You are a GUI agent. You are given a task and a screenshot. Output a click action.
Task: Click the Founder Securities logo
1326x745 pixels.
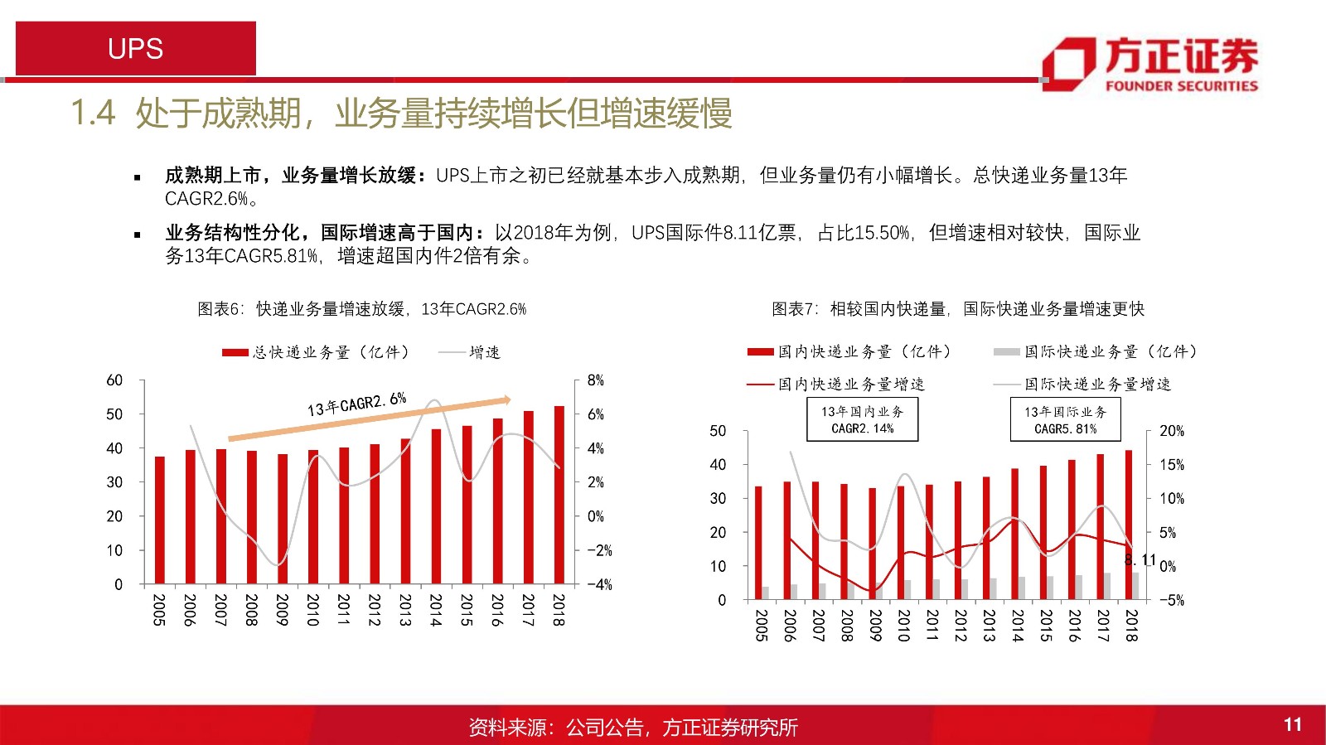tap(1149, 64)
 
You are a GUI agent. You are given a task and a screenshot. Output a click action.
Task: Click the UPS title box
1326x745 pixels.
tap(136, 49)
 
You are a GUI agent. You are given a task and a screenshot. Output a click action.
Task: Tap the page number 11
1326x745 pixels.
tap(1292, 725)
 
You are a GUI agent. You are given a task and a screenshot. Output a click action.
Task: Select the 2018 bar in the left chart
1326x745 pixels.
tap(559, 495)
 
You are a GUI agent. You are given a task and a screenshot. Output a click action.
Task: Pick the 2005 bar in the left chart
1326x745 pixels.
tap(160, 520)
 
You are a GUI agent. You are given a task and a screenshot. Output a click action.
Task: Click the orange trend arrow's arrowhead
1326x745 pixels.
tap(505, 400)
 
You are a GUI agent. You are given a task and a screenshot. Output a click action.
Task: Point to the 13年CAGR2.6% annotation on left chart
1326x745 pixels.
tap(356, 404)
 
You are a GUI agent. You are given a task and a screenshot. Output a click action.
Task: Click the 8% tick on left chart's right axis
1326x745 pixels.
tap(595, 380)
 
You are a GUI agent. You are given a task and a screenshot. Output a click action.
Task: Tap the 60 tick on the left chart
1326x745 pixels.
tap(114, 380)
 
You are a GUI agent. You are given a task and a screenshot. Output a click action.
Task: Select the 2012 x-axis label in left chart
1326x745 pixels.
tap(374, 609)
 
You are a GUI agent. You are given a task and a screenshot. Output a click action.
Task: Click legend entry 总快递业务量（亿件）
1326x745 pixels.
tap(317, 352)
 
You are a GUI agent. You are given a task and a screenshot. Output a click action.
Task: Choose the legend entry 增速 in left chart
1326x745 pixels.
tap(469, 352)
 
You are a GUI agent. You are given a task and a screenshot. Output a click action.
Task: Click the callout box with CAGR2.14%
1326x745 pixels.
tap(863, 419)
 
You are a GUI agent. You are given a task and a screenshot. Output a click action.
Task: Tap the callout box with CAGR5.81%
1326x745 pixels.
tap(1065, 419)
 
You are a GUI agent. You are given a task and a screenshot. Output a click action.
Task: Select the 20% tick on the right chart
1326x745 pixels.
tap(1171, 431)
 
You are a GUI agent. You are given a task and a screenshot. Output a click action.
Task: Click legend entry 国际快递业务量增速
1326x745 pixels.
tap(1082, 385)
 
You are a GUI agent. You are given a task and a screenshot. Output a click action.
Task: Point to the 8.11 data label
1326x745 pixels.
tap(1140, 560)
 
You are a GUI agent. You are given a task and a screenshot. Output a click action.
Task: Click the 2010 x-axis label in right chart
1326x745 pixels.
tap(903, 625)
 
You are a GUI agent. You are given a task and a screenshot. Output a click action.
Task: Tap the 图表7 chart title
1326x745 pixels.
tap(957, 309)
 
